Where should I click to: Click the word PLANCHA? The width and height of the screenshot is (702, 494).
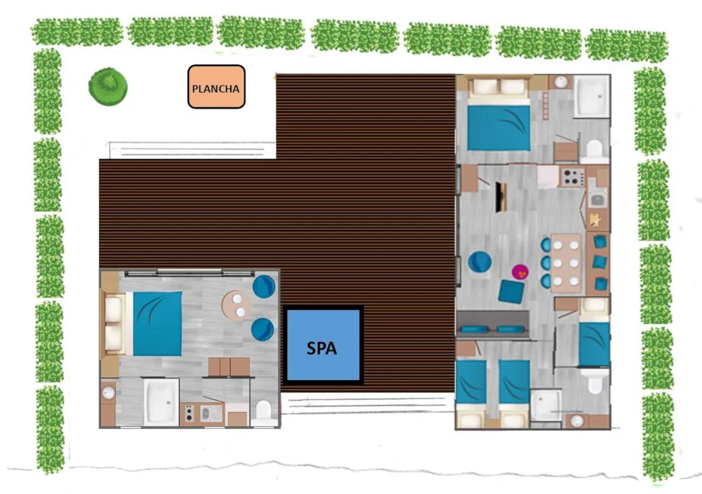coord(216,88)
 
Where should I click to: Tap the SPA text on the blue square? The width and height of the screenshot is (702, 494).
coord(322,348)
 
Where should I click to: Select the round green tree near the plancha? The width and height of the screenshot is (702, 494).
coord(108,86)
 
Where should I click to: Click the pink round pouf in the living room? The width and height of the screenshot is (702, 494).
coord(520,271)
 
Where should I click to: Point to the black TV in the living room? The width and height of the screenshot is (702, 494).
coord(501,197)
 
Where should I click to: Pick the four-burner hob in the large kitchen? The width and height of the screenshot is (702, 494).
coord(573,178)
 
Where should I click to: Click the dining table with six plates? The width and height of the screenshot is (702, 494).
coord(566,263)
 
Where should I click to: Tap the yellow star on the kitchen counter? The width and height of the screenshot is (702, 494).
coord(595,220)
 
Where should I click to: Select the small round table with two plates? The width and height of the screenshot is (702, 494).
coord(236,305)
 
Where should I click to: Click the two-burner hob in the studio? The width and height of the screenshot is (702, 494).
coord(189,413)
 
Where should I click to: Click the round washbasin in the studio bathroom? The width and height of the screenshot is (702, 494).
coord(108,393)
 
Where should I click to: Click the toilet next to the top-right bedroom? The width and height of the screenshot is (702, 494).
coord(594,150)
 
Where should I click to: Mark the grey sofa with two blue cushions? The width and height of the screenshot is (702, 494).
coord(494,323)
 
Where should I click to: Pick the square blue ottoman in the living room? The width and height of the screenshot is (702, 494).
coord(511,292)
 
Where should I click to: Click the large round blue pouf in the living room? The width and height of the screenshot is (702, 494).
coord(480,262)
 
